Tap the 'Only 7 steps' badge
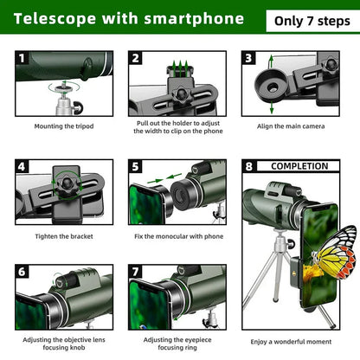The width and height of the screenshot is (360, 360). (306, 19)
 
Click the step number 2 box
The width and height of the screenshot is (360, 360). (136, 58)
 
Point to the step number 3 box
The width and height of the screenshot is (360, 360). (248, 58)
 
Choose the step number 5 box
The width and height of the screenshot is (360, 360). (136, 166)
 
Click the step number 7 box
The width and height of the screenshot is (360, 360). (136, 272)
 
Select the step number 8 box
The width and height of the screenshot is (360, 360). (249, 166)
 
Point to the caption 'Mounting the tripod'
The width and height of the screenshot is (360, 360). (65, 125)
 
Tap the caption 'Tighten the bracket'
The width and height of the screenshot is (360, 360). (65, 236)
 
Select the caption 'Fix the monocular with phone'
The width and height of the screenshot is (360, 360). (179, 236)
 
